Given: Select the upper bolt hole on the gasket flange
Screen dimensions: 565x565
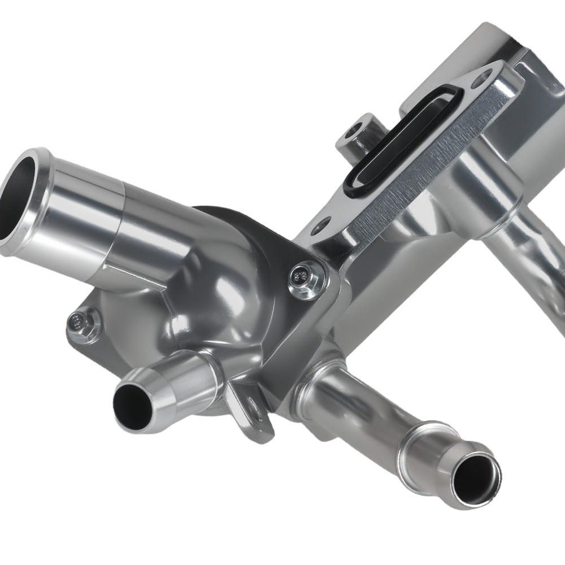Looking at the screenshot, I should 481,77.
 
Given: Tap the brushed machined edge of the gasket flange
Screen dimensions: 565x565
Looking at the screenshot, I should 418,169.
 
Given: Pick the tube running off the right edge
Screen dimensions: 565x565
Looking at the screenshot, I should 531,266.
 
